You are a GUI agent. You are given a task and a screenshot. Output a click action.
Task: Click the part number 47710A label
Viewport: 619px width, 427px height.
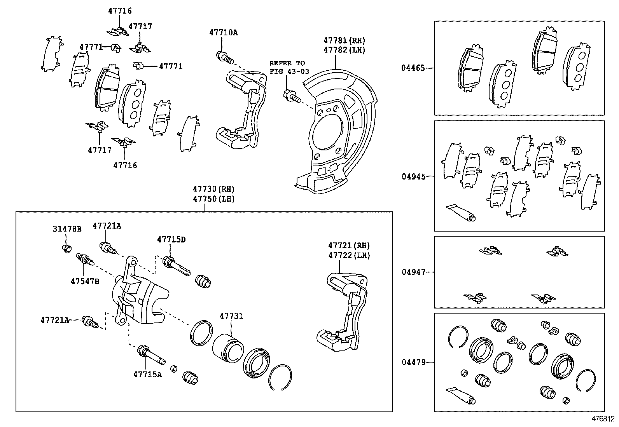[x=223, y=33]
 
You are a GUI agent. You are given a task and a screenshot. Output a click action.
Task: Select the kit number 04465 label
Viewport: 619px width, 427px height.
[x=413, y=68]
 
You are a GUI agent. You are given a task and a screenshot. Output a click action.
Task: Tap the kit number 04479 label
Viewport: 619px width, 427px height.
[x=413, y=363]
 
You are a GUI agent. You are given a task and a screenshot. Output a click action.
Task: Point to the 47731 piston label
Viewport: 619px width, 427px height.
[x=231, y=316]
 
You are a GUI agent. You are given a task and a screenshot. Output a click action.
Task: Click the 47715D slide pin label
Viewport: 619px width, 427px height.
[x=171, y=240]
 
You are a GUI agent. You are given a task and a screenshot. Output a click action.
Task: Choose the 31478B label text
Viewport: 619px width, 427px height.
[x=67, y=229]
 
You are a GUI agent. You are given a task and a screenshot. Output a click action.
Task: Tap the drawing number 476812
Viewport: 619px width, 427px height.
[x=603, y=419]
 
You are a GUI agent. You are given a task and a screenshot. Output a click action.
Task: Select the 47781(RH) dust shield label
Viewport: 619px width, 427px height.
[x=344, y=40]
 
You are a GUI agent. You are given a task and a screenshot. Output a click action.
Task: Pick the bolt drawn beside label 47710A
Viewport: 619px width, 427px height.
[x=224, y=57]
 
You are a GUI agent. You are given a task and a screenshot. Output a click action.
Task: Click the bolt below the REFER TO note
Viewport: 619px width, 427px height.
[x=292, y=96]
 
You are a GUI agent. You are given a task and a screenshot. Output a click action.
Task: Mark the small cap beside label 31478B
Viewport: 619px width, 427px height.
[x=67, y=248]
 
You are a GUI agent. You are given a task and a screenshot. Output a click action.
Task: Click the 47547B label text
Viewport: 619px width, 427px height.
[x=85, y=281]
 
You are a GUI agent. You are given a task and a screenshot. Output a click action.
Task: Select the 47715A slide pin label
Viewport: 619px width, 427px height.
[x=147, y=374]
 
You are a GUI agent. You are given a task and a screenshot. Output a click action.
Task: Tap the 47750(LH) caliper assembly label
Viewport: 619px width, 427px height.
[x=214, y=199]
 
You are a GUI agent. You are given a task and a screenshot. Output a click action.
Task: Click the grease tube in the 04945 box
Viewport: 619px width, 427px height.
[x=461, y=212]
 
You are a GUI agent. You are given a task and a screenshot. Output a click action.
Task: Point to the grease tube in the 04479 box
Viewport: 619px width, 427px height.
[x=461, y=395]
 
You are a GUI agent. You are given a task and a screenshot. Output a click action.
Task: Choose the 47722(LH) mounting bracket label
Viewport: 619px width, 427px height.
[x=349, y=255]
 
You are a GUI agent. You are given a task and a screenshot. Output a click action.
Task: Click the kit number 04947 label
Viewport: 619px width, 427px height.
[x=413, y=272]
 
